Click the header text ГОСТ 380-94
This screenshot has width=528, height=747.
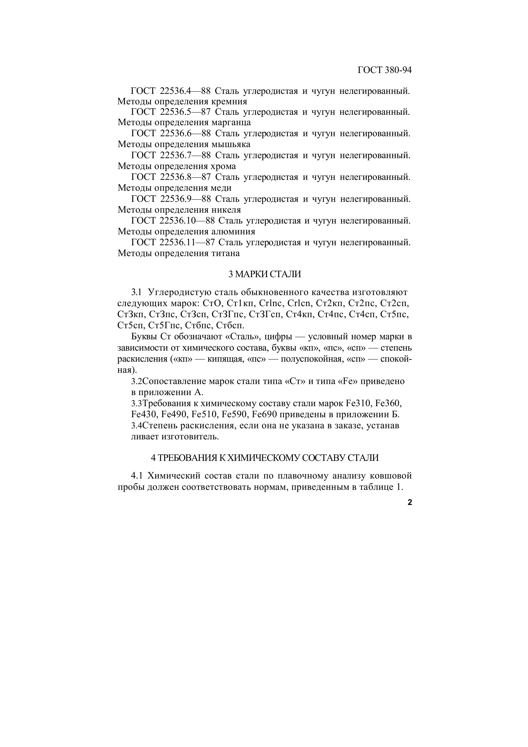pyautogui.click(x=385, y=70)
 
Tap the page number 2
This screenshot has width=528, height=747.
pyautogui.click(x=410, y=502)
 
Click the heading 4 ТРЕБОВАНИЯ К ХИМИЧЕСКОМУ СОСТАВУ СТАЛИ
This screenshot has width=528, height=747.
pyautogui.click(x=264, y=458)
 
